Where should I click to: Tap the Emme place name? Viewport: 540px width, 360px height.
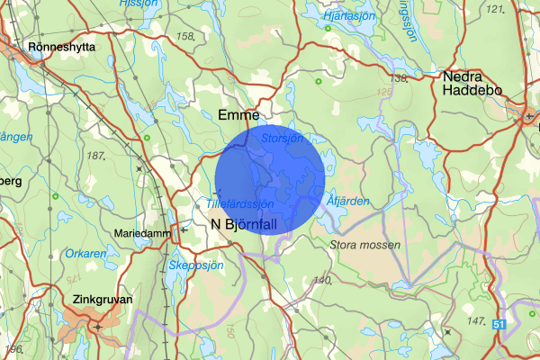pyautogui.click(x=238, y=115)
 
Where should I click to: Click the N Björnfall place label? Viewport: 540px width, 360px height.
pyautogui.click(x=244, y=225)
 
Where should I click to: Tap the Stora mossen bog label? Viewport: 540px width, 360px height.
pyautogui.click(x=364, y=244)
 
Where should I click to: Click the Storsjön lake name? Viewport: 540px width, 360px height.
pyautogui.click(x=282, y=139)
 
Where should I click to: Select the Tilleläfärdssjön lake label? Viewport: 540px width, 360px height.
pyautogui.click(x=240, y=203)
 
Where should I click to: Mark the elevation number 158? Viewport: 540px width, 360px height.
pyautogui.click(x=186, y=36)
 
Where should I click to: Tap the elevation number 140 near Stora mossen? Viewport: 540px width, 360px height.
pyautogui.click(x=321, y=282)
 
